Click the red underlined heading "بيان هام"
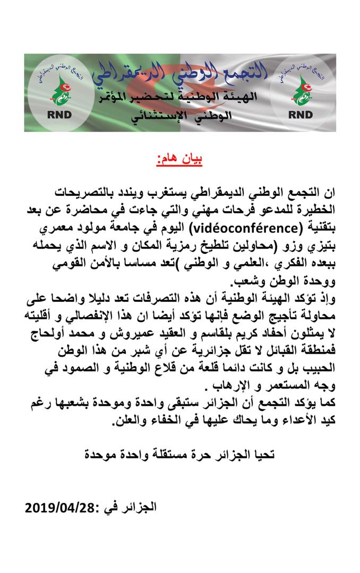[x=179, y=159]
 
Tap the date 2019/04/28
[x=58, y=507]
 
